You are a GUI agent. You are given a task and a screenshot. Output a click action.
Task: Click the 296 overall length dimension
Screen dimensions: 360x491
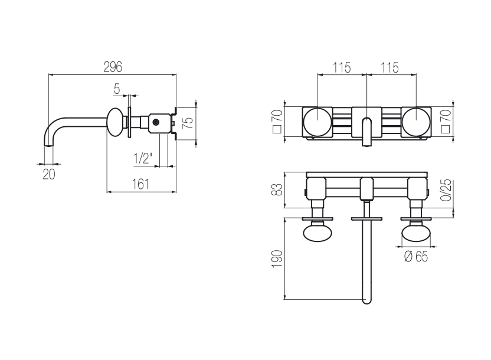pos(112,67)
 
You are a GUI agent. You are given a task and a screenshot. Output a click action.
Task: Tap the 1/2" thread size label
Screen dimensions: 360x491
pos(142,158)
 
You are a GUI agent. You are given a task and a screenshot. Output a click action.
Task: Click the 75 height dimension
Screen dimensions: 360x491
pos(188,123)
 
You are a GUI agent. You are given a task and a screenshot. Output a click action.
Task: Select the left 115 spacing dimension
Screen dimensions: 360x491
pos(341,67)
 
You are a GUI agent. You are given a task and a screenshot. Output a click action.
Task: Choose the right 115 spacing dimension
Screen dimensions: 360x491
pos(389,67)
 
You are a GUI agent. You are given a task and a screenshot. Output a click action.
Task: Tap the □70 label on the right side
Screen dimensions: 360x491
pos(447,122)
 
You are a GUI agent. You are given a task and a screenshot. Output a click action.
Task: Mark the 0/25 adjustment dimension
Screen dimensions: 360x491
pos(447,190)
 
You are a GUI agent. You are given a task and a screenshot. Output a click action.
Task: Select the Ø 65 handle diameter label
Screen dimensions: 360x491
pos(416,256)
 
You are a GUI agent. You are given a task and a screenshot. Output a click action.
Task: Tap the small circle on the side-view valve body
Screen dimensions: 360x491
pos(156,123)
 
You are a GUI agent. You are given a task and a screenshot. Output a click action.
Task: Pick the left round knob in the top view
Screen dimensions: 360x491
pos(318,122)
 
